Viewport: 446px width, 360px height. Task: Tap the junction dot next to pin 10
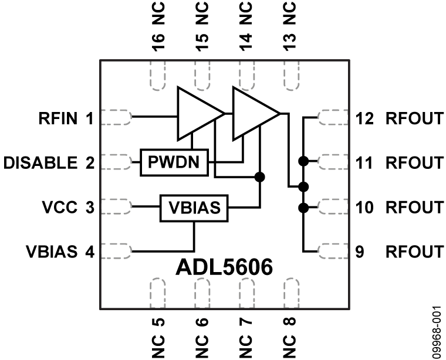(303, 207)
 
